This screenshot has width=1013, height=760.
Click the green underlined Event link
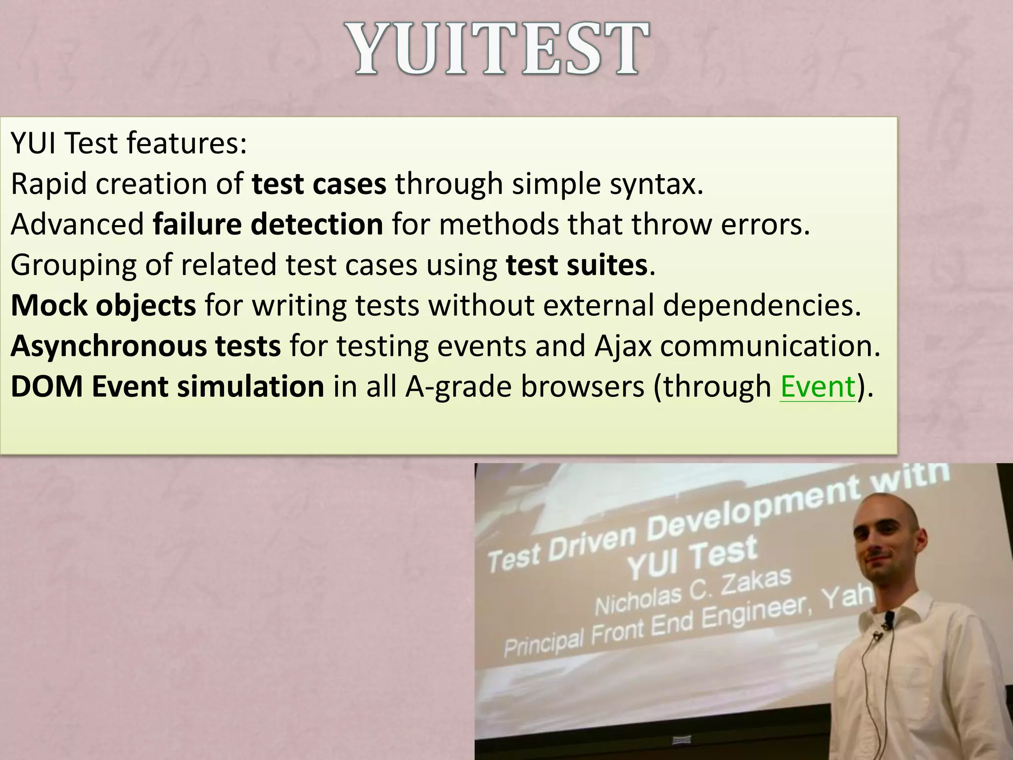pos(818,386)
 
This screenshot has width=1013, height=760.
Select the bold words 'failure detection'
pos(268,224)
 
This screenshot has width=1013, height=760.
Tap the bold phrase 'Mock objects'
pos(103,305)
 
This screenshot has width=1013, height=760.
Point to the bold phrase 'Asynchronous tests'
pos(146,346)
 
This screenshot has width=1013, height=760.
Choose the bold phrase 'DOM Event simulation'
pos(167,386)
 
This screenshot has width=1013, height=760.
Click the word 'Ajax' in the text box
pos(624,346)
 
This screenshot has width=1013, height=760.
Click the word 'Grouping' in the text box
pos(73,265)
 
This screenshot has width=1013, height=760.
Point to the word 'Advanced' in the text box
pos(77,224)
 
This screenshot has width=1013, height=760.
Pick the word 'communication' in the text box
pos(770,346)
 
